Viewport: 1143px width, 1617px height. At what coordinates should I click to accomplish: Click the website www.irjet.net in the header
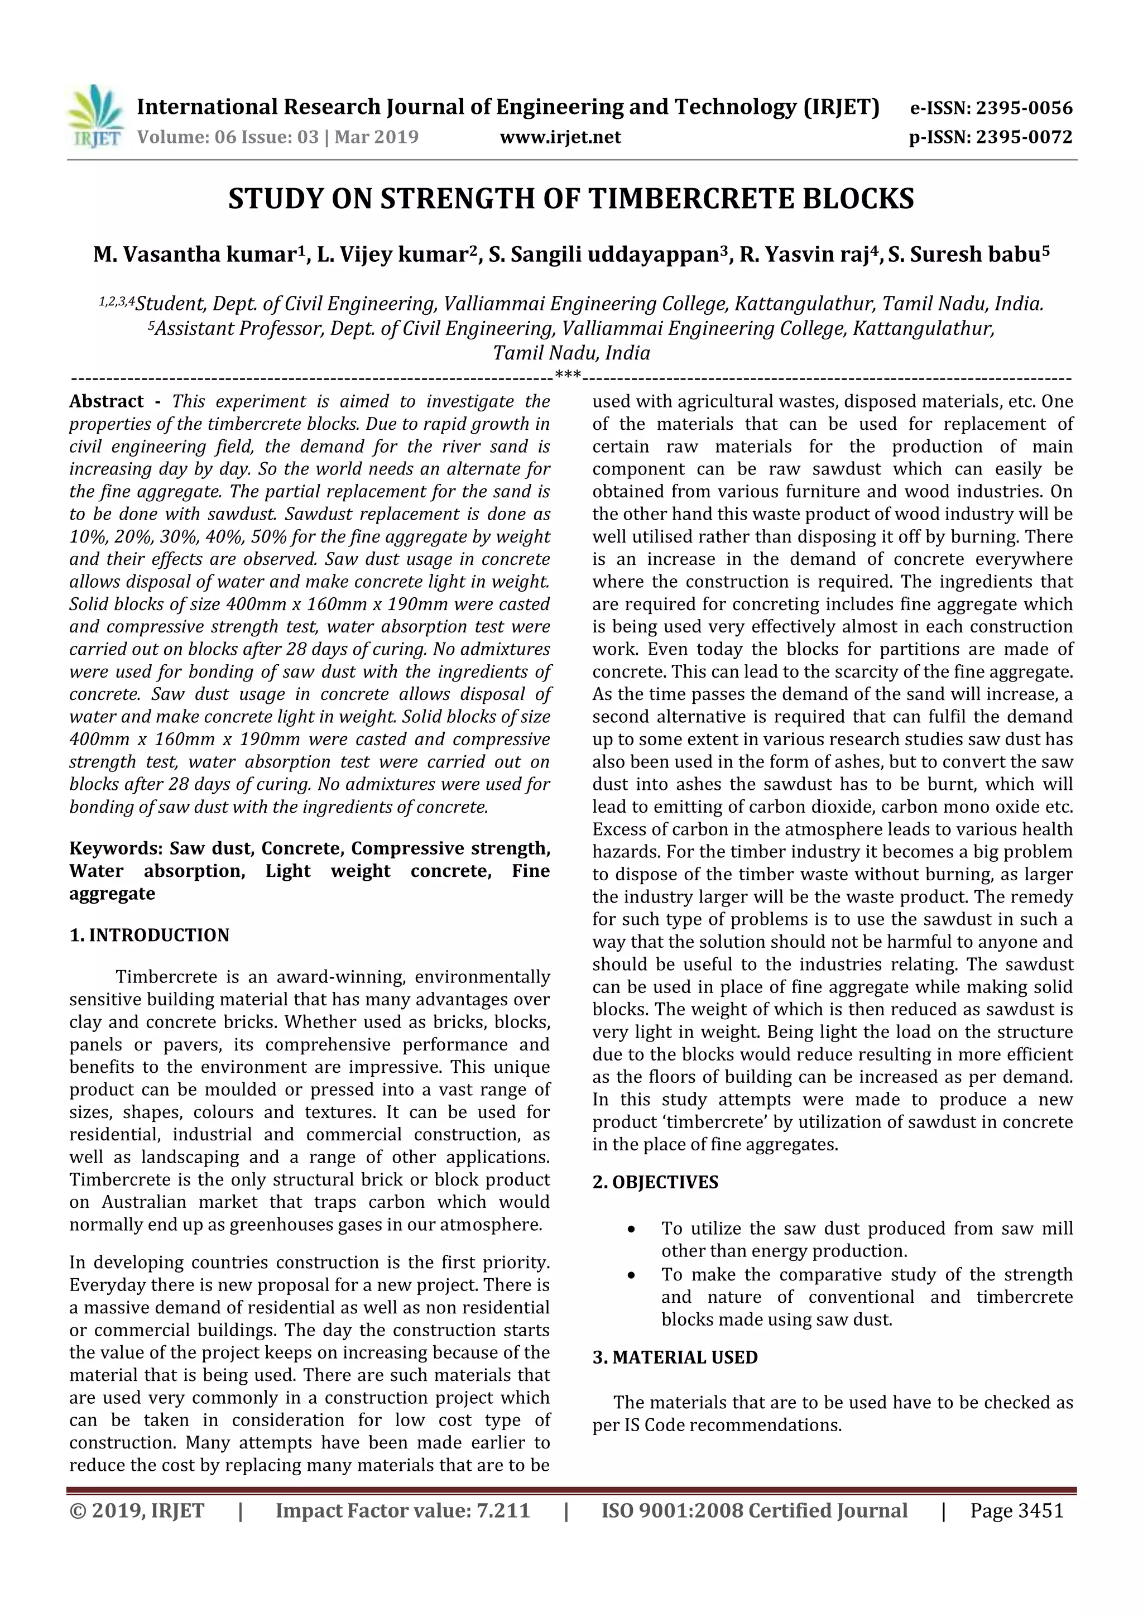tap(560, 137)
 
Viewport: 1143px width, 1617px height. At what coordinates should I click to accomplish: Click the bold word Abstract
tap(107, 401)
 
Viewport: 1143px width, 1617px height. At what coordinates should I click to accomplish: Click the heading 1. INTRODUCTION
tap(150, 935)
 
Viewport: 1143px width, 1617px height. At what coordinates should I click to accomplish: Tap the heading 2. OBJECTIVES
tap(655, 1182)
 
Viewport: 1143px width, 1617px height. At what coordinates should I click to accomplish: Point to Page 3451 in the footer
tap(1016, 1510)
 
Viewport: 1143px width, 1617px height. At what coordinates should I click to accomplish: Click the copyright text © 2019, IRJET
tap(137, 1510)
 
